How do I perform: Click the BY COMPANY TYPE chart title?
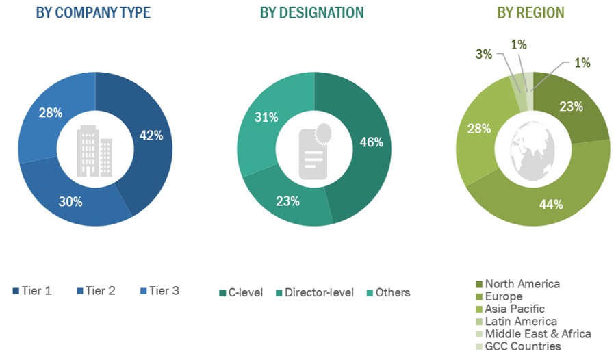(x=93, y=13)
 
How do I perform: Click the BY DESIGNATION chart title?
(x=312, y=13)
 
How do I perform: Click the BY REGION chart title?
(x=530, y=13)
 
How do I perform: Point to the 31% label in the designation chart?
(x=266, y=117)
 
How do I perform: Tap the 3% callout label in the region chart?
(x=484, y=54)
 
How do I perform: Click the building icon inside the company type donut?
(x=95, y=151)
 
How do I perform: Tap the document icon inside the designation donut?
(x=314, y=152)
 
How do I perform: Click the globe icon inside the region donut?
(x=533, y=151)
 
